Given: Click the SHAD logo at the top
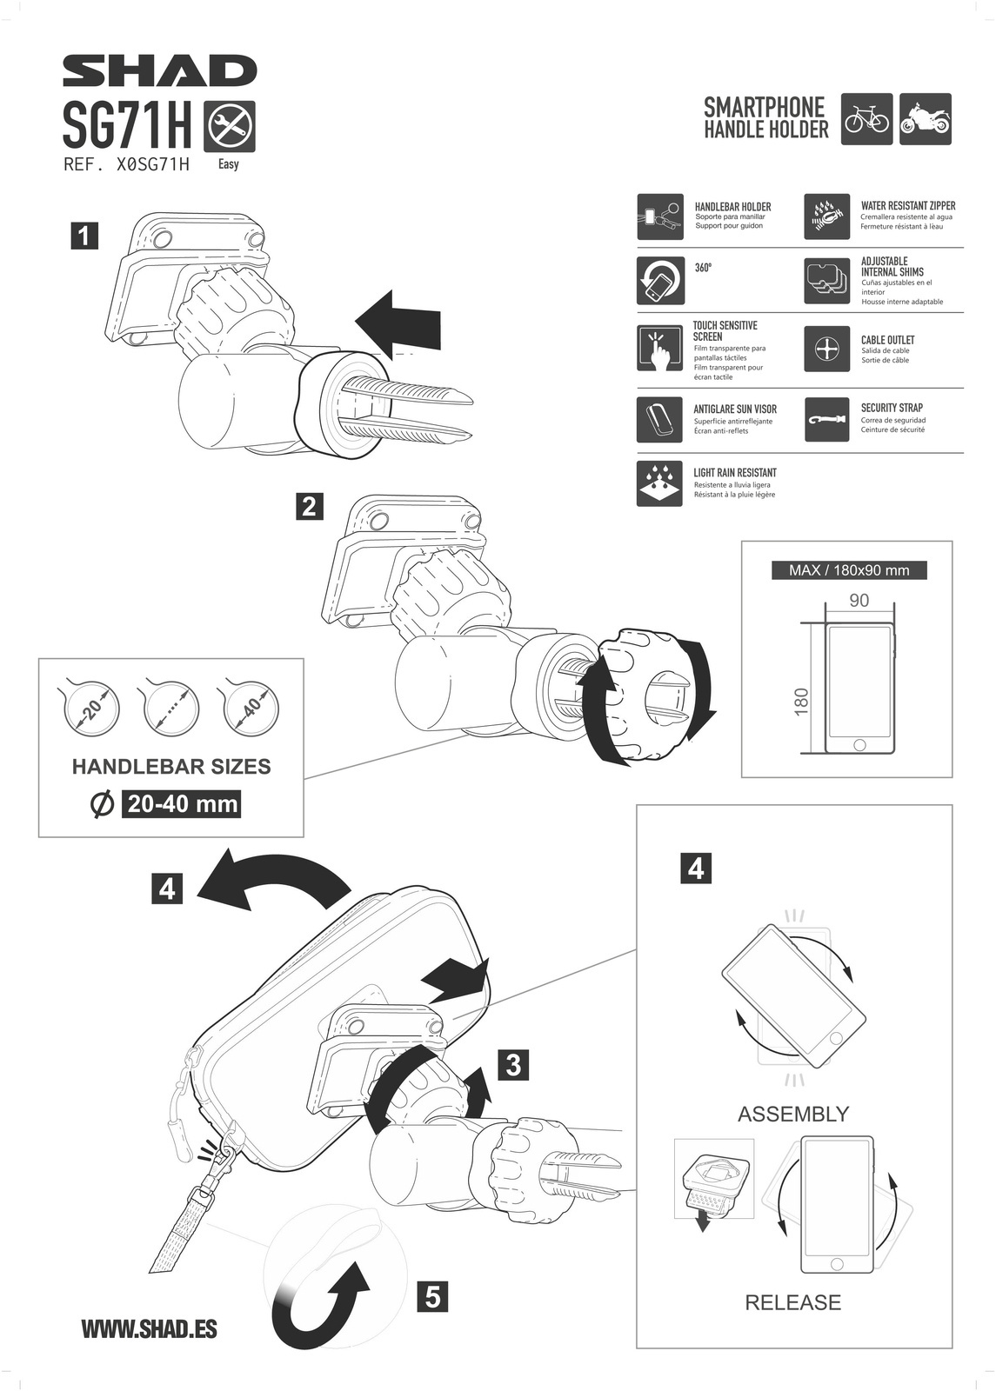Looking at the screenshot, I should (160, 71).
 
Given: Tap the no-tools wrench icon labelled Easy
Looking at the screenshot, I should (229, 127).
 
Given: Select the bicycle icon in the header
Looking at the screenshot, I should (866, 119).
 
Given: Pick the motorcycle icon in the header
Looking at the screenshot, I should (925, 119).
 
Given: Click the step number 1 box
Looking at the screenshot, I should (84, 236).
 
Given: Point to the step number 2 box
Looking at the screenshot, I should (309, 506).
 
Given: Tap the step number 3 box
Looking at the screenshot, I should (513, 1064).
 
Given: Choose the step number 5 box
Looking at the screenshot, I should (433, 1297).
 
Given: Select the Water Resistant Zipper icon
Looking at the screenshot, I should (826, 217).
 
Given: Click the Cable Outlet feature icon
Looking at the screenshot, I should (826, 349).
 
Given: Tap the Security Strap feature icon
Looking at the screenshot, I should (826, 419).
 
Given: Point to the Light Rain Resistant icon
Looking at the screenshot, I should (658, 483).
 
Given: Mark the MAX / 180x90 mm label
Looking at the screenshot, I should (849, 570).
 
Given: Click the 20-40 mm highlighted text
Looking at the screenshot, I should (182, 804).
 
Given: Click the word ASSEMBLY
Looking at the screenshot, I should (793, 1114).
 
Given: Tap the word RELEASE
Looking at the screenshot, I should (793, 1302).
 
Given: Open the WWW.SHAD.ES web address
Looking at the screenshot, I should (149, 1328).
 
